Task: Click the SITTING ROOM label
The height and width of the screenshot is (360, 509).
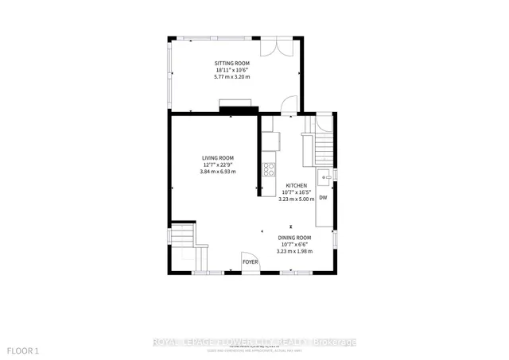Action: click(232, 63)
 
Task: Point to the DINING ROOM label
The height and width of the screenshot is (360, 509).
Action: click(294, 238)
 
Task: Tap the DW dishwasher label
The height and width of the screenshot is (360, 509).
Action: click(323, 198)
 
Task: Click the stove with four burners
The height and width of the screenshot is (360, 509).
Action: click(269, 168)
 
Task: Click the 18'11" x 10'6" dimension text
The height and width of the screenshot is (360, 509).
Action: click(232, 70)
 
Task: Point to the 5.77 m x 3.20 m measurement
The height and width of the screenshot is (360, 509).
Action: click(232, 77)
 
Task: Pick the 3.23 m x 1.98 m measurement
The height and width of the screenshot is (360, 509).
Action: click(294, 252)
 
